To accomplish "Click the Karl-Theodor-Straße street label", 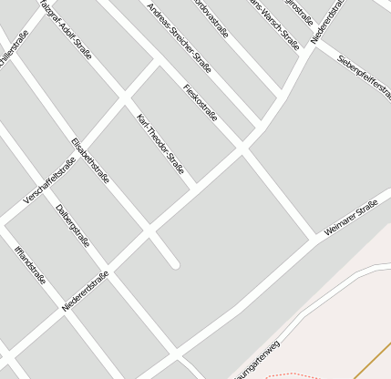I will click(160, 144).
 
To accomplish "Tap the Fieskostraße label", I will click(200, 105).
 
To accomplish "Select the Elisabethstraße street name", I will click(88, 160).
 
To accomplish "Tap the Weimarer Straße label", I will click(351, 220).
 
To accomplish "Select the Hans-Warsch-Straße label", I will click(274, 21).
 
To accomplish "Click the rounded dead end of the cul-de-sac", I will click(173, 264).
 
